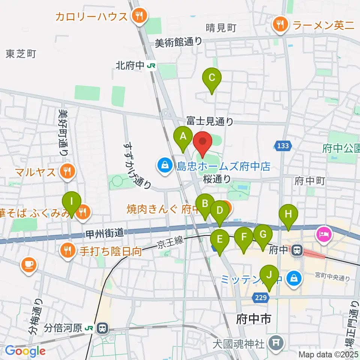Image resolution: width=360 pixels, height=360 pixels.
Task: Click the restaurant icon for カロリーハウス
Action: coord(139,16)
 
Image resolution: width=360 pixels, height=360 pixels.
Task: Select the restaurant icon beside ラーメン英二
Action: coord(280,25)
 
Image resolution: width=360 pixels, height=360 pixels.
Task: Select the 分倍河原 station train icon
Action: coord(102,328)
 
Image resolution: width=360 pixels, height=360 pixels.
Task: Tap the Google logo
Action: coord(25,351)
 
